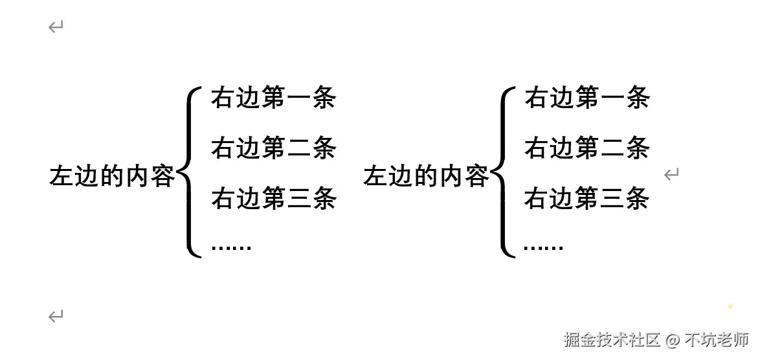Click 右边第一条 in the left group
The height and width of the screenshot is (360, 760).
273,98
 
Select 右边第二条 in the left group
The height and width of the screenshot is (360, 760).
273,148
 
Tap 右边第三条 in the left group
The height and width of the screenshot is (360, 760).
273,198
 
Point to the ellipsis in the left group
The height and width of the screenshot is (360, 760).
231,247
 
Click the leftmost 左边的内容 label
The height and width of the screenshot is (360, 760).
112,176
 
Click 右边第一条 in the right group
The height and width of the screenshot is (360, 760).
587,98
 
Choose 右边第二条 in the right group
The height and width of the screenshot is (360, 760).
587,148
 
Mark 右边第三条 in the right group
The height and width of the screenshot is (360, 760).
587,198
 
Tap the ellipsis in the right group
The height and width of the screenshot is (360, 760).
544,247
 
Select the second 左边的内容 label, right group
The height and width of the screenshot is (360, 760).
426,176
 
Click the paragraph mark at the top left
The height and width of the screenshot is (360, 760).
56,27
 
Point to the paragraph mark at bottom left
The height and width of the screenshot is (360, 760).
56,317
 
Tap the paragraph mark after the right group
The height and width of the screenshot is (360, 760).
671,174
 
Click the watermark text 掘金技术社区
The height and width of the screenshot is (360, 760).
612,340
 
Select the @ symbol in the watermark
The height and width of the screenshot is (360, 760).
673,340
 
